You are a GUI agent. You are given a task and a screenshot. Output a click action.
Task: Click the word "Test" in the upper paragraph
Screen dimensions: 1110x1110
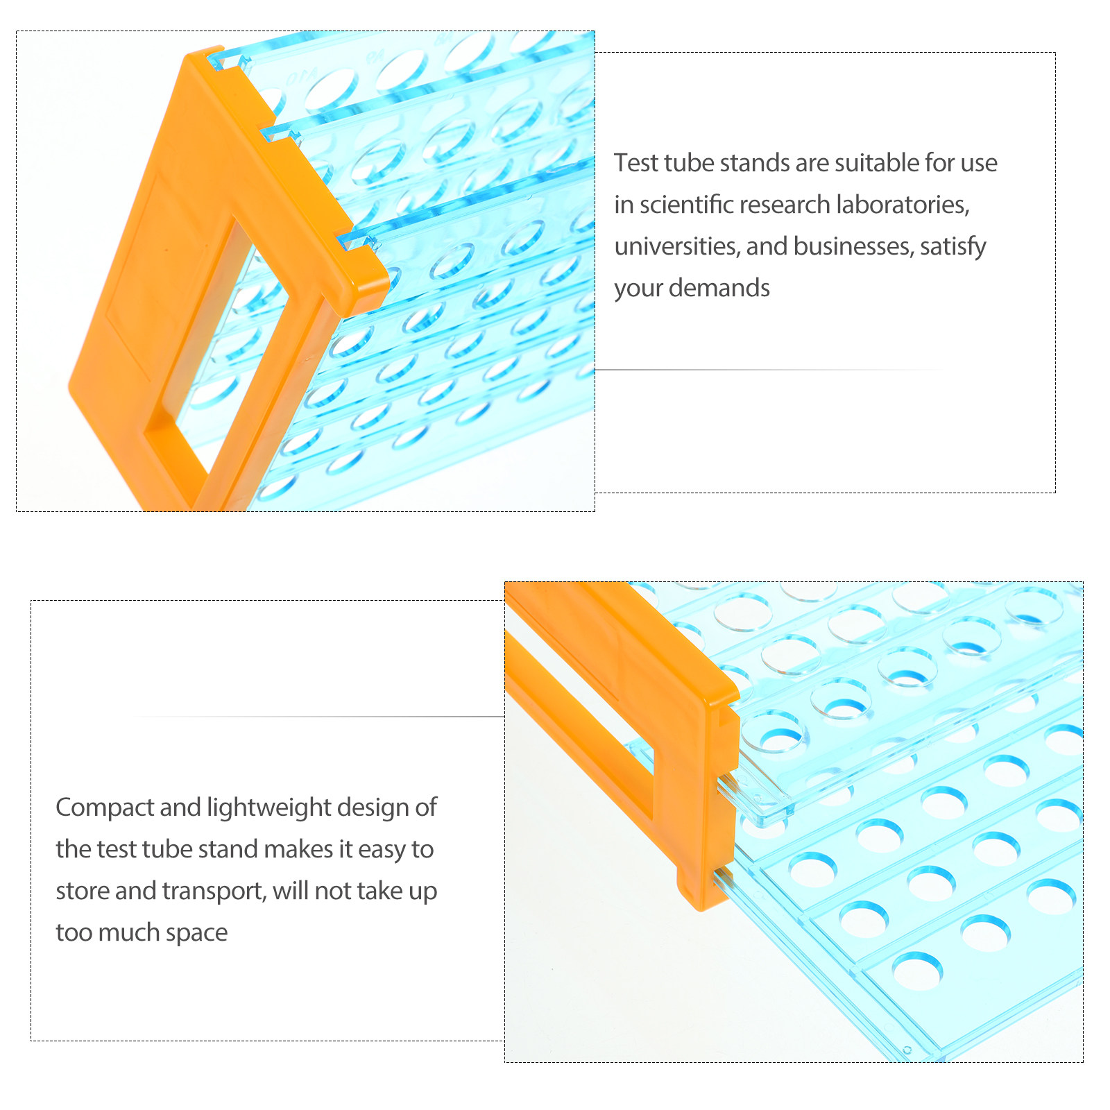click(636, 163)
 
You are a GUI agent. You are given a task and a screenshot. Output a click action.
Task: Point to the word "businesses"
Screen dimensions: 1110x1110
click(853, 246)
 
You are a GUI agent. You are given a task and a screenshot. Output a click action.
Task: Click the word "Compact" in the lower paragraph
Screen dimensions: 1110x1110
click(105, 808)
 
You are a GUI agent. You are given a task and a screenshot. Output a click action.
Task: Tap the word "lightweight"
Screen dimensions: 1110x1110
click(270, 808)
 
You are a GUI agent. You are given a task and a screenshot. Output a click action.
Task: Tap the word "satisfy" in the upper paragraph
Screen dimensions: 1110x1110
click(953, 247)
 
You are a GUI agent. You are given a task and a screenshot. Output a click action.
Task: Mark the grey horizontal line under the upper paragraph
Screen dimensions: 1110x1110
click(770, 370)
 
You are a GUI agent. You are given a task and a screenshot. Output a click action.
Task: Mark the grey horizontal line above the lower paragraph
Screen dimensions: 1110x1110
click(319, 717)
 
